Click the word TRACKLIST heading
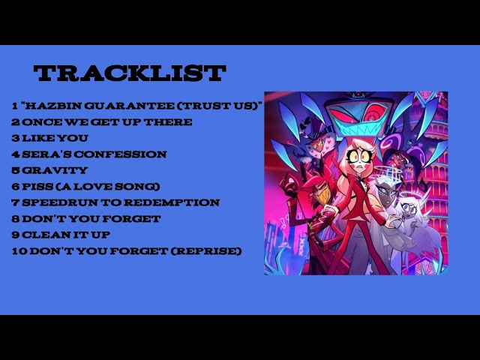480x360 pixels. (130, 73)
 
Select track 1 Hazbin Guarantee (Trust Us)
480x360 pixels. (136, 106)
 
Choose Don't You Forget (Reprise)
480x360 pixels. (126, 250)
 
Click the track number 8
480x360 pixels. (15, 218)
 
